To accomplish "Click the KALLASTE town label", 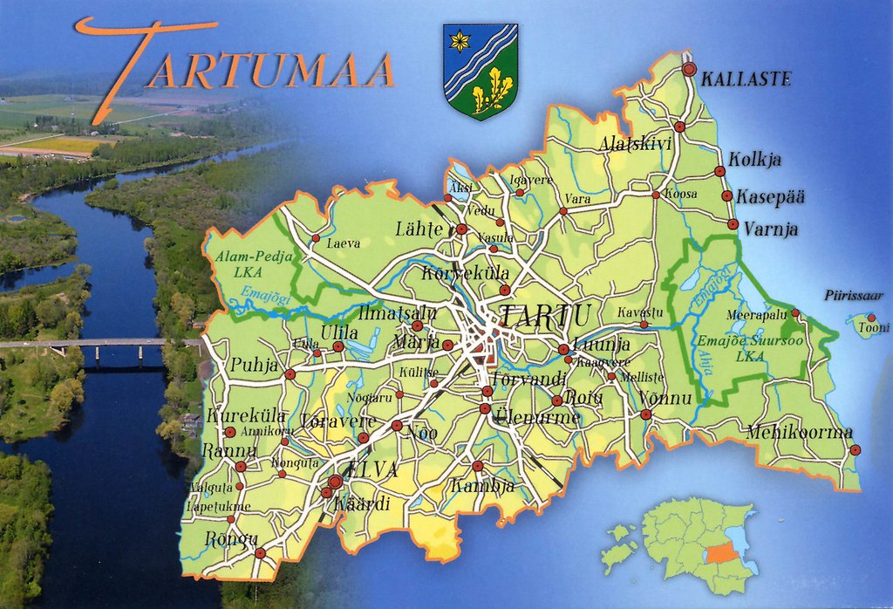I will (x=746, y=79).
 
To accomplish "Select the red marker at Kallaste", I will (x=689, y=68).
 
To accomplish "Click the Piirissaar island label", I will (x=854, y=295).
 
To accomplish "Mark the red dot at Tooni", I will (x=870, y=318).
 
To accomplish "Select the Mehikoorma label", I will (x=799, y=431).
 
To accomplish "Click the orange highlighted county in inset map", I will (x=719, y=553).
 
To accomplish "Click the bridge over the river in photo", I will (x=96, y=344).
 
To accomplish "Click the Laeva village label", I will (x=343, y=244).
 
